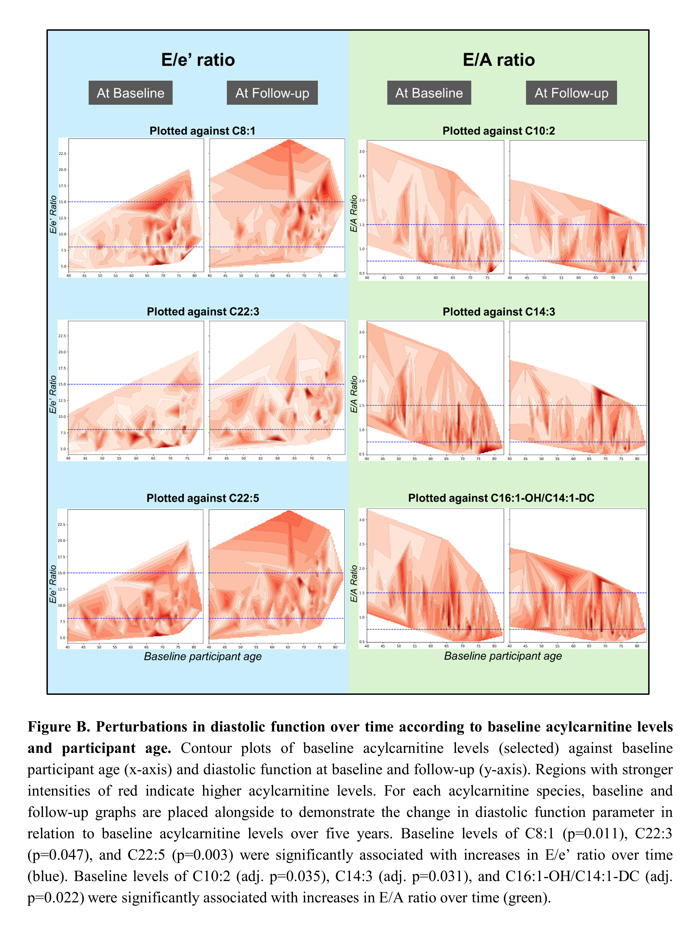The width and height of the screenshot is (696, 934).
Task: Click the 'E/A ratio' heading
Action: [499, 60]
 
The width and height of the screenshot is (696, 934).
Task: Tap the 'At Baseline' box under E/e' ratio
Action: [131, 93]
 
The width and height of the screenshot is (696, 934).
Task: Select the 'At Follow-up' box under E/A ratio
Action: [571, 93]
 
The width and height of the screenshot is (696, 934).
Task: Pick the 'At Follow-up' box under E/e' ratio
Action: [272, 93]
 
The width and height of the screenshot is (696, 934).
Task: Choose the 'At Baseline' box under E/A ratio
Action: [429, 93]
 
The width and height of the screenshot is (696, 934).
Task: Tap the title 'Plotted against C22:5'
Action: [203, 498]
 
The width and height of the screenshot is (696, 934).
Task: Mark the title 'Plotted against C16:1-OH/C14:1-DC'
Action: [501, 498]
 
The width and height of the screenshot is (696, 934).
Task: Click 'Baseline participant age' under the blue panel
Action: [203, 656]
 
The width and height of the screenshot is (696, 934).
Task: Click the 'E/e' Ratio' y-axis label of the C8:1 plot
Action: [53, 214]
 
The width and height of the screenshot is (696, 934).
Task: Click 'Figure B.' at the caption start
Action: [58, 727]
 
